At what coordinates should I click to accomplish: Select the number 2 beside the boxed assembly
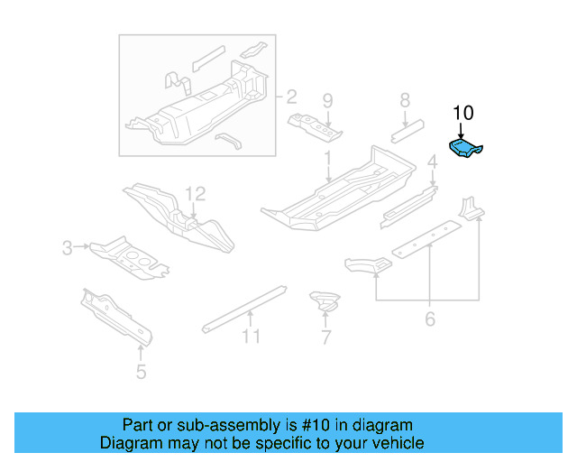pyautogui.click(x=291, y=97)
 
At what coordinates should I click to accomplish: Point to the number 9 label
pyautogui.click(x=328, y=100)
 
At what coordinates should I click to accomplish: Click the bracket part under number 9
pyautogui.click(x=316, y=127)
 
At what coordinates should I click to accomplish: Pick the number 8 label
pyautogui.click(x=405, y=100)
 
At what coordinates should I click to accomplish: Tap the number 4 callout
pyautogui.click(x=433, y=162)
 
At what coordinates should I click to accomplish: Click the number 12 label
pyautogui.click(x=196, y=193)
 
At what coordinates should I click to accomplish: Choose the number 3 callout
pyautogui.click(x=68, y=247)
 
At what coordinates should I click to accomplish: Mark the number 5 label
pyautogui.click(x=141, y=371)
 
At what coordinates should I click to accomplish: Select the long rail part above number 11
pyautogui.click(x=243, y=306)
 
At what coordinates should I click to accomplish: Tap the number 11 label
pyautogui.click(x=251, y=337)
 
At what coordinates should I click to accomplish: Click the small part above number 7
pyautogui.click(x=324, y=301)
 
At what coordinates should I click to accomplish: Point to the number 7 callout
pyautogui.click(x=325, y=338)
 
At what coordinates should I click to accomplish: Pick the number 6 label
pyautogui.click(x=430, y=319)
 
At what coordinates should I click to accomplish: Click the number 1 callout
pyautogui.click(x=328, y=158)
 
